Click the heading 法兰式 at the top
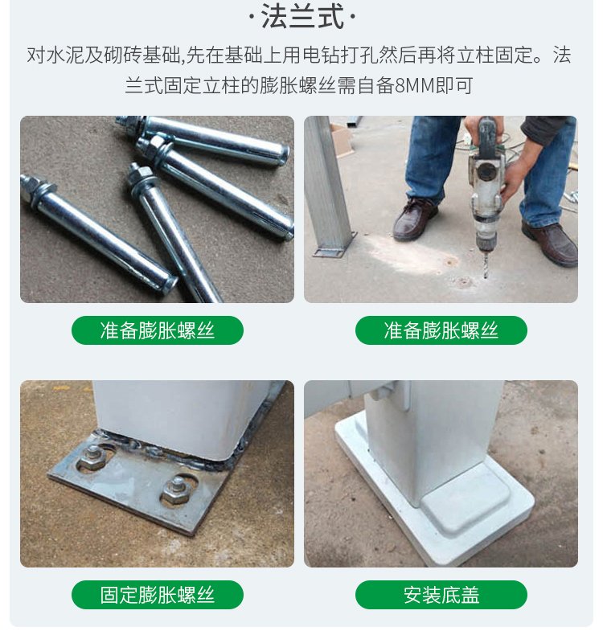coord(302,17)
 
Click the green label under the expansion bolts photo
coord(158,330)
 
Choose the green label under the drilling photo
coord(441,330)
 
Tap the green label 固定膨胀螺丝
coord(158,595)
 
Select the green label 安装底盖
coord(441,595)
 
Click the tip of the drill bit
coord(486,277)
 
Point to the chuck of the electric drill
coord(485,232)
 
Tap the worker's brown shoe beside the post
coord(415,219)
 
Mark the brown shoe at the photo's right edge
coord(552,243)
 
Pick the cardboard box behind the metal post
coord(342,140)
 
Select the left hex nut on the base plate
coord(92,457)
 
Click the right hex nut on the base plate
coord(175,490)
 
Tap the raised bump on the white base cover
coord(466,500)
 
